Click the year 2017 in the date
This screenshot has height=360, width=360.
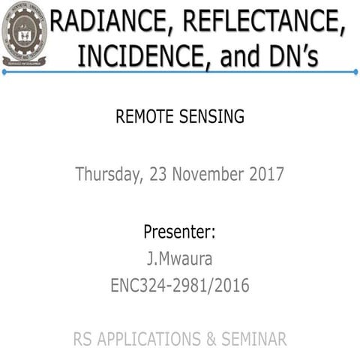click(x=265, y=174)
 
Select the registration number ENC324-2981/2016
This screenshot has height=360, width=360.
click(x=179, y=286)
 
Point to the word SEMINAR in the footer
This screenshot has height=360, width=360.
click(x=253, y=340)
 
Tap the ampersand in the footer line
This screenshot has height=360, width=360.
click(x=209, y=340)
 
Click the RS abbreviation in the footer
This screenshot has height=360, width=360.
click(x=84, y=340)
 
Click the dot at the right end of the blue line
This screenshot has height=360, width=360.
click(x=355, y=73)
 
